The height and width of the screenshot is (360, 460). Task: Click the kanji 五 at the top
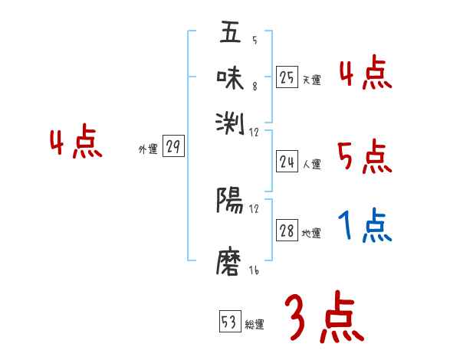coord(230,33)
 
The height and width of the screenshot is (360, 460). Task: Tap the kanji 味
coord(230,77)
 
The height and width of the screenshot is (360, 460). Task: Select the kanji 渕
coord(230,120)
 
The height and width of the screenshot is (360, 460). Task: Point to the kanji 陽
coord(230,201)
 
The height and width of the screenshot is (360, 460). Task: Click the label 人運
coord(311,164)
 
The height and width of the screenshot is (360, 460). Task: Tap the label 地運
coord(311,234)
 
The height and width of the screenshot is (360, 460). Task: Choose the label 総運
coord(255,325)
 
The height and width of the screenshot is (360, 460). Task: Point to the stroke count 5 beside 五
coord(254,40)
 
